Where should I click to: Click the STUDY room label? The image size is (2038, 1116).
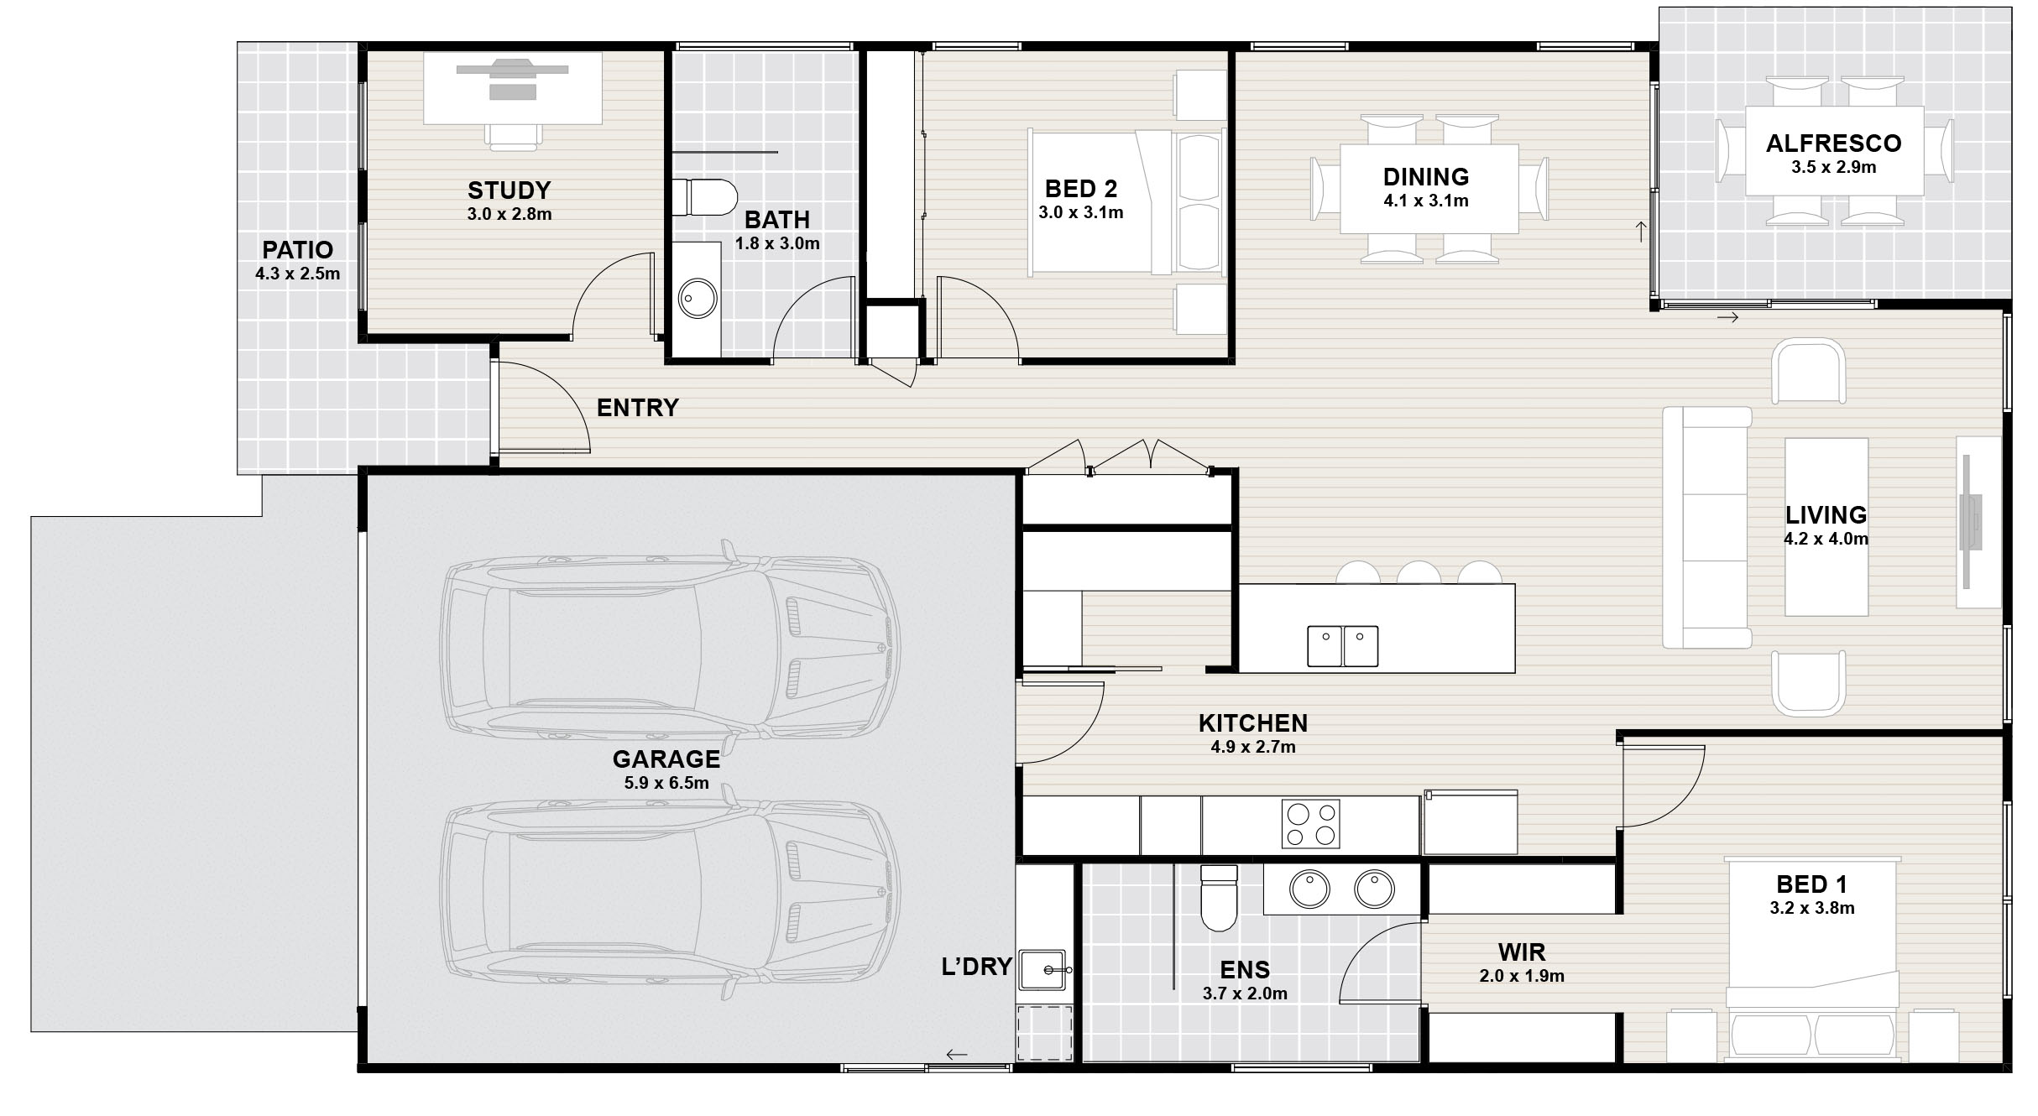[509, 190]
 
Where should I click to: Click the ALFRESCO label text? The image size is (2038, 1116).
[1833, 143]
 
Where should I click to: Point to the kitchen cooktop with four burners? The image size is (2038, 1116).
[1310, 824]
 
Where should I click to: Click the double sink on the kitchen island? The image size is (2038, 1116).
[1342, 646]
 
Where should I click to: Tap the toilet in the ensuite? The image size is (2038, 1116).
[1219, 898]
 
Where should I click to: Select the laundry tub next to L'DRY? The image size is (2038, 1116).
[1042, 970]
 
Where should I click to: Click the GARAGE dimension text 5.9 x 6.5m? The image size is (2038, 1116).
[666, 784]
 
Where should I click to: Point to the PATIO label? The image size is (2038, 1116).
[297, 250]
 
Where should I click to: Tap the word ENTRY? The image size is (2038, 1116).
[637, 408]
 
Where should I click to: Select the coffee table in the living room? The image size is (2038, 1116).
[1826, 527]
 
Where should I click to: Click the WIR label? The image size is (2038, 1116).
[1522, 952]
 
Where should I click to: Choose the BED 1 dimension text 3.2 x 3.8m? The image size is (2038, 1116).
[1812, 908]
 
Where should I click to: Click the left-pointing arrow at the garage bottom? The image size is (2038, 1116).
[956, 1055]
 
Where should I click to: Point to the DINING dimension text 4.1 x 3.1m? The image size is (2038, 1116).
[1426, 201]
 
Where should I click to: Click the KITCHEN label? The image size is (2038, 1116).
[1253, 723]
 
